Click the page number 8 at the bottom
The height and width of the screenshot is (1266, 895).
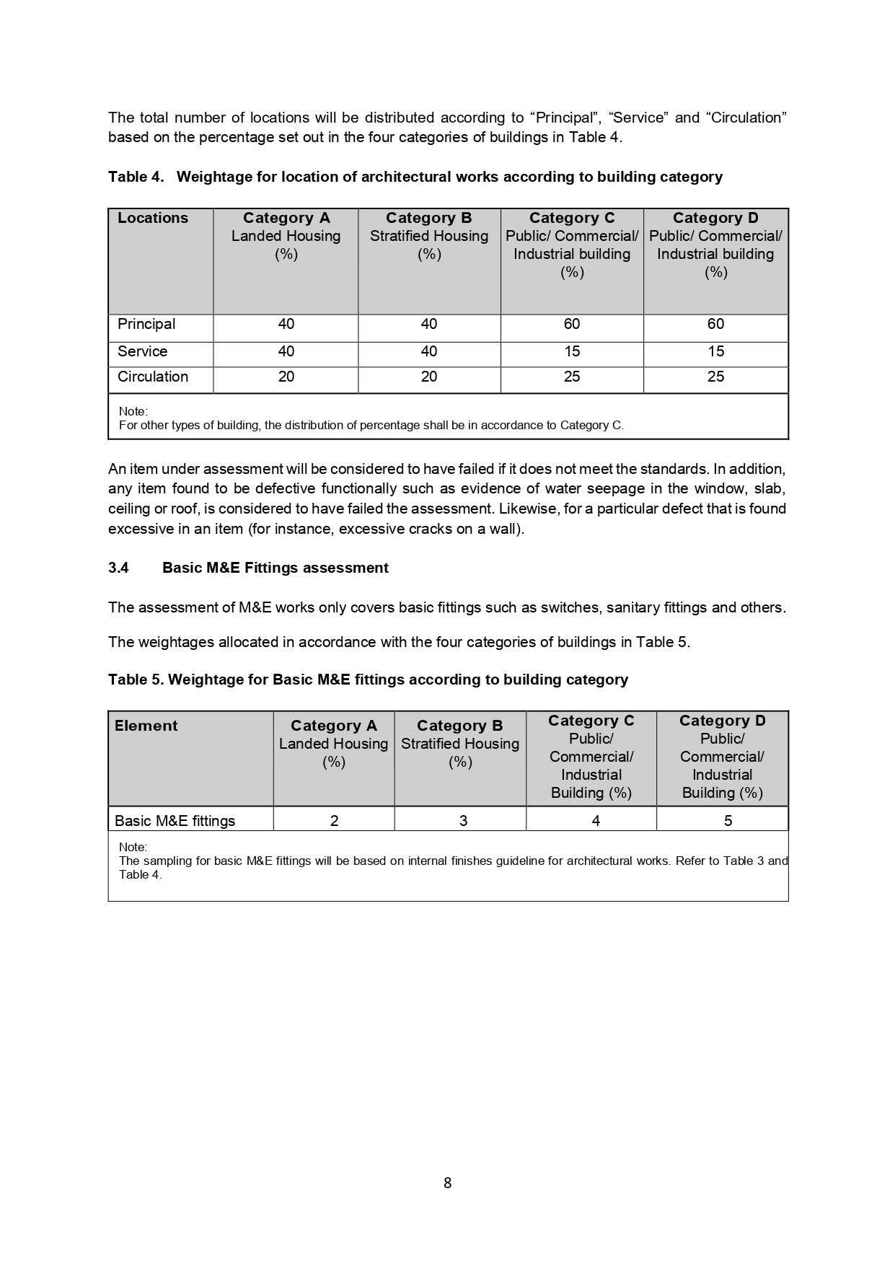(x=447, y=1183)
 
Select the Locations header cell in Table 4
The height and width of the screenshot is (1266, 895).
(x=153, y=219)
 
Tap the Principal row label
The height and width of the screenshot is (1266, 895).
(x=146, y=325)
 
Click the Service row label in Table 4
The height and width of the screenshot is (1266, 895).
(x=143, y=352)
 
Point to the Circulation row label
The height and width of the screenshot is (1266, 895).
(x=153, y=377)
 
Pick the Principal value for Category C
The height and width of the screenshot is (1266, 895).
(x=572, y=325)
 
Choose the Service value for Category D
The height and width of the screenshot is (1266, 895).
(x=715, y=352)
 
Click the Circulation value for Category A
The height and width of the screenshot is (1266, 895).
(x=286, y=377)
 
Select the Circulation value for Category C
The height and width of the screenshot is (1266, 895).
(x=572, y=377)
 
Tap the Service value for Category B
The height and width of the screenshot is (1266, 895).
(x=429, y=352)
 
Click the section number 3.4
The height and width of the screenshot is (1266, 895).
(x=118, y=568)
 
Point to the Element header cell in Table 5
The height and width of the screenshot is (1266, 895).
(x=146, y=726)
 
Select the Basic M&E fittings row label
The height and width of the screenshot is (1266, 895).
(x=175, y=821)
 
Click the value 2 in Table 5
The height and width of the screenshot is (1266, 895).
(x=335, y=821)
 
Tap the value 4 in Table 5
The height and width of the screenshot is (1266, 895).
(x=596, y=821)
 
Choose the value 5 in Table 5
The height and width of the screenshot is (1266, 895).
(x=728, y=821)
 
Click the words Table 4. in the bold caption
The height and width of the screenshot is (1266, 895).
(x=136, y=177)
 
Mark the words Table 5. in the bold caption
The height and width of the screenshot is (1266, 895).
(x=136, y=680)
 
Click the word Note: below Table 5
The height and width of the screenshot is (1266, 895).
(x=133, y=847)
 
